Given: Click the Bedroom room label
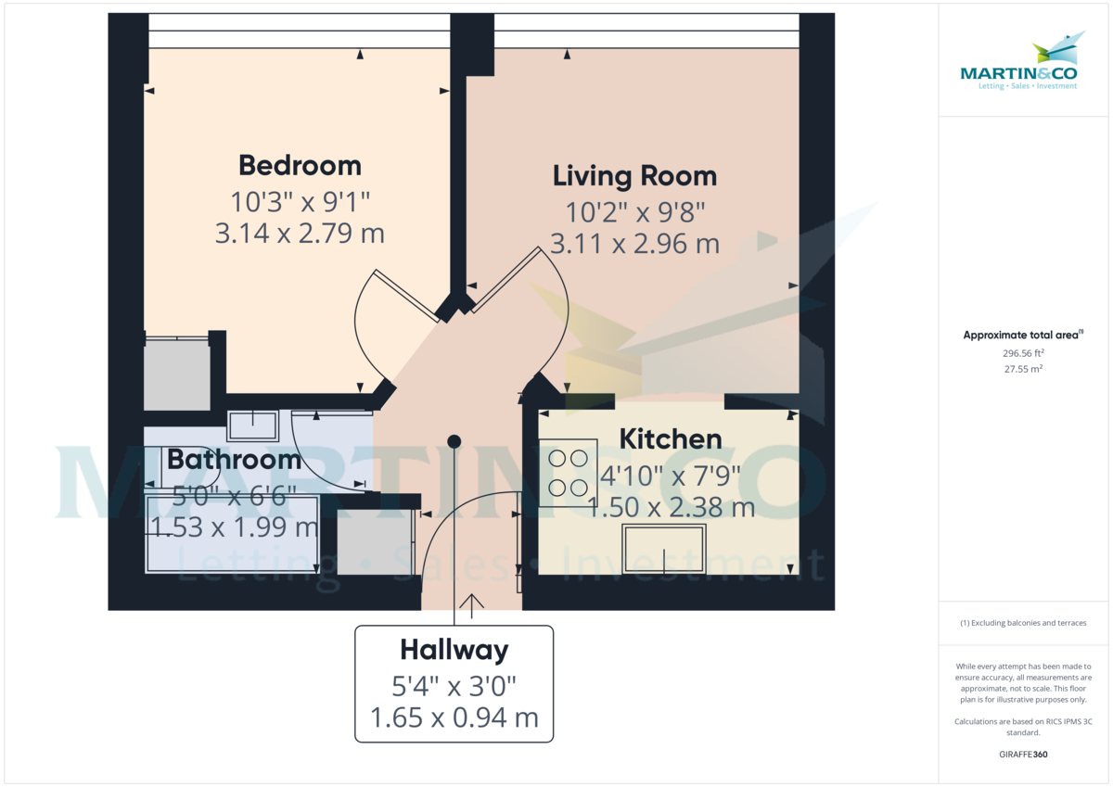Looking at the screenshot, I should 300,166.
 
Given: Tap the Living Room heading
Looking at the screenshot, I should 634,176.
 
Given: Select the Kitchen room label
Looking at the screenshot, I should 670,439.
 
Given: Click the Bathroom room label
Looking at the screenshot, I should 234,459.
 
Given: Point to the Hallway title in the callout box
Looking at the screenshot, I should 454,650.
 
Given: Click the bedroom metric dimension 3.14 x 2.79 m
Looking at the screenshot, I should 300,233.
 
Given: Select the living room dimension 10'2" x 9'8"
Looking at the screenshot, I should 634,210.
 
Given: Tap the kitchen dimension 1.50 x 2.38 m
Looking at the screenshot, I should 671,508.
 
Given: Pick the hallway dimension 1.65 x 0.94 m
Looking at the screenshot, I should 454,718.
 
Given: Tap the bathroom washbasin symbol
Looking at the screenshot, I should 252,425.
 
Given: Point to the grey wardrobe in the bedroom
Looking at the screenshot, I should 176,374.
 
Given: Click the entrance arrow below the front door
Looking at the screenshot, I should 472,606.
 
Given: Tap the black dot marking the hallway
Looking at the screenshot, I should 454,441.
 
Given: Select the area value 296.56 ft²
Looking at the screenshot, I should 1023,353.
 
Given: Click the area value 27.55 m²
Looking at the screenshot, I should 1023,368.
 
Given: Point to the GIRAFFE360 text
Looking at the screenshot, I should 1023,755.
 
